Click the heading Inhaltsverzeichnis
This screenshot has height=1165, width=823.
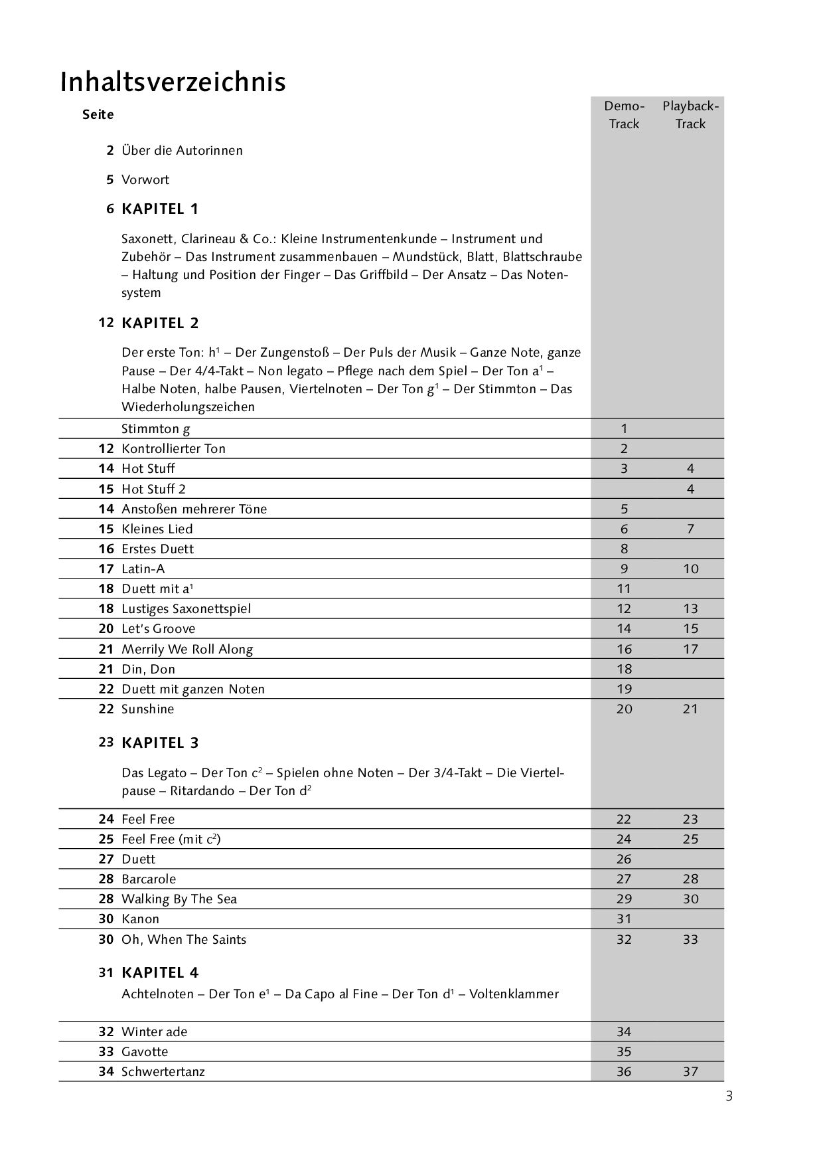tap(173, 82)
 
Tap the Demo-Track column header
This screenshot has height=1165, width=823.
tap(624, 115)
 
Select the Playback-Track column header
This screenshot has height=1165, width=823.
tap(690, 115)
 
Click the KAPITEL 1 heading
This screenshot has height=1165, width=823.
tap(160, 209)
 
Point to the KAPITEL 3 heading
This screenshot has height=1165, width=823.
tap(160, 743)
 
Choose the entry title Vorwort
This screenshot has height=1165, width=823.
tap(145, 180)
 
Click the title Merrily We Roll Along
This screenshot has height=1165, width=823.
tap(187, 649)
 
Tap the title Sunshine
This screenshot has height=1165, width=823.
tap(147, 709)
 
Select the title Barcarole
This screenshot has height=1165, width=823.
tap(149, 879)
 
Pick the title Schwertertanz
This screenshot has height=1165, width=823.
tap(163, 1071)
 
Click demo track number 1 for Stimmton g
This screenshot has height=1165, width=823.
tap(624, 428)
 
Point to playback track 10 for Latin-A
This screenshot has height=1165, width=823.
tap(690, 569)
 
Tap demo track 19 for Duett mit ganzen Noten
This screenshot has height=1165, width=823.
tap(624, 689)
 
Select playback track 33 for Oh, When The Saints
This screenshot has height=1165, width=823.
tap(690, 939)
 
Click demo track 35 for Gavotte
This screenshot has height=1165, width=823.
tap(624, 1051)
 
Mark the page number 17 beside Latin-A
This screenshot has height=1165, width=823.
tap(106, 569)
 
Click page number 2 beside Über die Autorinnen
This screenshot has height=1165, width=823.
tap(110, 150)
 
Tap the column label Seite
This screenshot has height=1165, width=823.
tap(98, 114)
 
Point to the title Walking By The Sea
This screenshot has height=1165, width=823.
tap(179, 899)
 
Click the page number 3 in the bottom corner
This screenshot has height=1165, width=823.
tap(729, 1097)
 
